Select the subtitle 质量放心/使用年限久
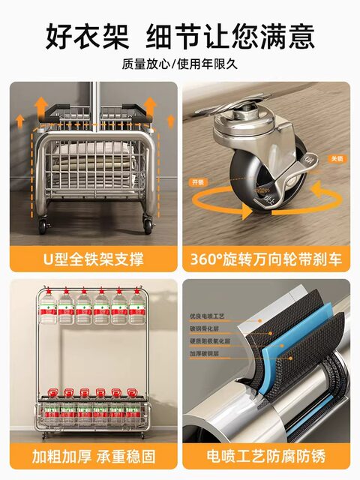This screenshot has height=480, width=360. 180,64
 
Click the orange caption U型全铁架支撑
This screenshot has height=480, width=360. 94,259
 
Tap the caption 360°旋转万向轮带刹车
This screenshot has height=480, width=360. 266,259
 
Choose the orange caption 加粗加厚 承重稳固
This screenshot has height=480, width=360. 94,456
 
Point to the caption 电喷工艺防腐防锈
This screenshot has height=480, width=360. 266,456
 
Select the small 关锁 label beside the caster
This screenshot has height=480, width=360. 336,158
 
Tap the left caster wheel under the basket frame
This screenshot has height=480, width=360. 41,224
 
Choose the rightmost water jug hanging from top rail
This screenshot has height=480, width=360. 136,307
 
